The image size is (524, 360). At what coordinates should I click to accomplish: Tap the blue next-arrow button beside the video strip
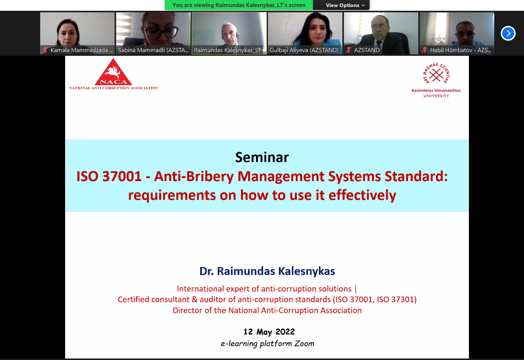click(x=508, y=33)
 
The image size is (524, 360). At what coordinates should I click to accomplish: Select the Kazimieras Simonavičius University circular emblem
click(x=436, y=74)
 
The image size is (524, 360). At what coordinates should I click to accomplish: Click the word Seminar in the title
click(x=262, y=157)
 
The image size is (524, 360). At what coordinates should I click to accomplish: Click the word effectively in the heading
click(x=362, y=195)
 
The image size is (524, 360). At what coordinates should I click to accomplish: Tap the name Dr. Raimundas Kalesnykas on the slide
click(x=267, y=271)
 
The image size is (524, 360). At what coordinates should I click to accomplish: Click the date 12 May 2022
click(x=269, y=332)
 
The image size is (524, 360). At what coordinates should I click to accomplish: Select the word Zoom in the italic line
click(x=304, y=343)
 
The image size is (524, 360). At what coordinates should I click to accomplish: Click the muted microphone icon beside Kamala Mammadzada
click(x=45, y=50)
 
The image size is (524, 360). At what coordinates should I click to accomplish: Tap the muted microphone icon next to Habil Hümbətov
click(x=425, y=50)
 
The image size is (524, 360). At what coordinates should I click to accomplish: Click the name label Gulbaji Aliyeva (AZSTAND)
click(x=304, y=50)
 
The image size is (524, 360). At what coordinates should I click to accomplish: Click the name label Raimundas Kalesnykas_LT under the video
click(x=227, y=50)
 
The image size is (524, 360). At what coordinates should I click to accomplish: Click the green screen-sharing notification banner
click(x=239, y=5)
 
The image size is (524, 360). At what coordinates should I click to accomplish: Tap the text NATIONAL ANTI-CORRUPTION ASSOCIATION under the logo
click(x=114, y=88)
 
